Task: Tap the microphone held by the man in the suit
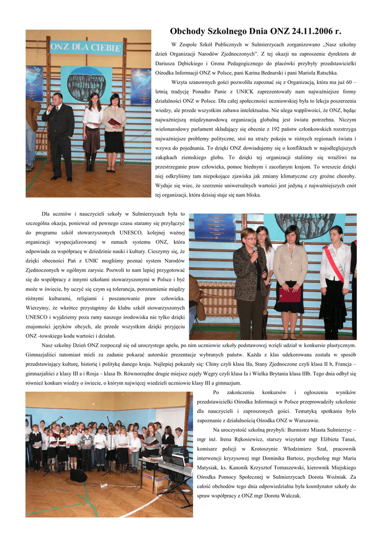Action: [51, 107]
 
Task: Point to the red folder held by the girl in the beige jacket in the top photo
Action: [114, 122]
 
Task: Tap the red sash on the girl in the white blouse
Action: [335, 262]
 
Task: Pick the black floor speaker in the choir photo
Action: [79, 475]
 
